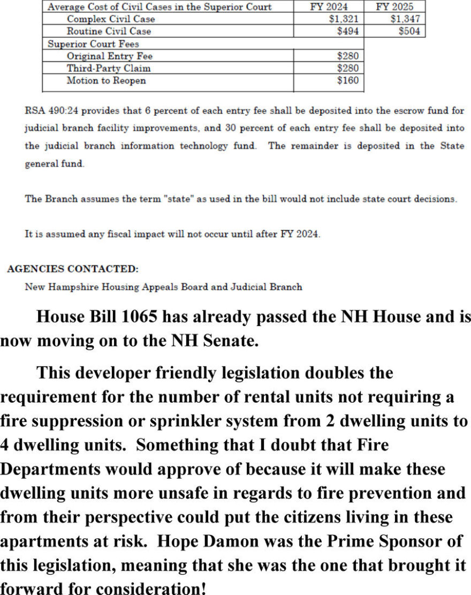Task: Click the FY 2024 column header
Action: (x=329, y=7)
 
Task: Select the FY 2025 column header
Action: (x=395, y=7)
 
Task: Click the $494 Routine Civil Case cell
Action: (x=348, y=31)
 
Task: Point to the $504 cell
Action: (x=409, y=31)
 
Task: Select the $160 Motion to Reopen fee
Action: (x=348, y=81)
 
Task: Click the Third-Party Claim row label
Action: (x=109, y=69)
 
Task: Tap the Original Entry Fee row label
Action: (x=110, y=56)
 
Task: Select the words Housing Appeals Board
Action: (x=159, y=287)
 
